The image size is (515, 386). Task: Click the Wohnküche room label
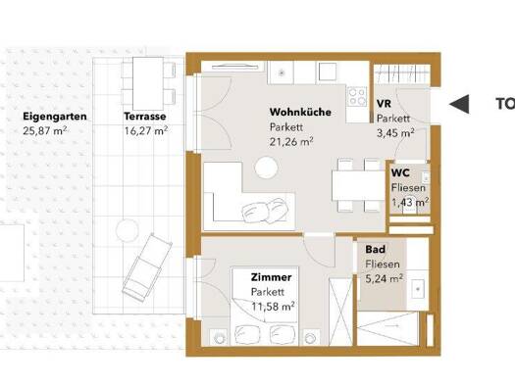tap(300, 112)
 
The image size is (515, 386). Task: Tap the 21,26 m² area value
tap(291, 142)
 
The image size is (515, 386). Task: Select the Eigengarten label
tap(55, 117)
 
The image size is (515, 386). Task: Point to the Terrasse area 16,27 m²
tap(146, 131)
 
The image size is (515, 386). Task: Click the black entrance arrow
tap(459, 104)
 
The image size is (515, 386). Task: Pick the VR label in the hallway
tap(384, 104)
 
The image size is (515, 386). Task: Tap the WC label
tap(400, 172)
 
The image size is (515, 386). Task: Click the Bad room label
tap(376, 249)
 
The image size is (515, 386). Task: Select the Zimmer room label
tap(272, 277)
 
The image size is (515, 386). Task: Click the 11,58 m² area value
tap(273, 307)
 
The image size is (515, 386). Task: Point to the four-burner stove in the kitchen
tap(358, 96)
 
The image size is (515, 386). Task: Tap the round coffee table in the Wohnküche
tap(266, 168)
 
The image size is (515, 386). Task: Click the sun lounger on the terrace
tap(147, 266)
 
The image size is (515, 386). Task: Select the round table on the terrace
tap(128, 230)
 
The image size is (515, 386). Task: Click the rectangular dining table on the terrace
tap(148, 83)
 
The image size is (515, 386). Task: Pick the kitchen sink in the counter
tap(282, 72)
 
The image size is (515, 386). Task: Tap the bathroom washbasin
tap(418, 289)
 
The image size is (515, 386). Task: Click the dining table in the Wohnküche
tap(358, 185)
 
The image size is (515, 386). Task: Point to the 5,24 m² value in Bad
tap(385, 278)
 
